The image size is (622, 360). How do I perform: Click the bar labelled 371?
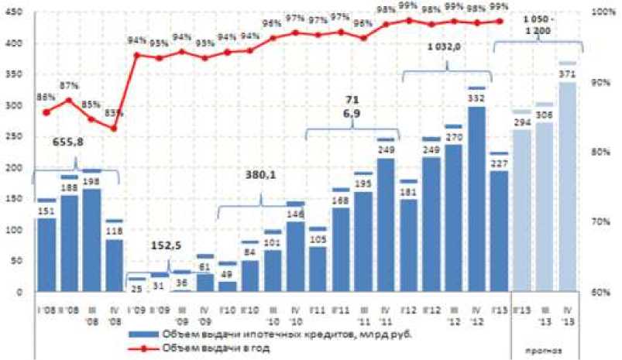567,186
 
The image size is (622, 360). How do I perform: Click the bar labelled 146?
295,256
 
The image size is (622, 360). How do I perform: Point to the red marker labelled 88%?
46,112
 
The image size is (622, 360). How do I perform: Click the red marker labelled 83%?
114,128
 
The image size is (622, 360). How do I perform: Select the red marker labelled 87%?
69,100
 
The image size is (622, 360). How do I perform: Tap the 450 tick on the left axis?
15,12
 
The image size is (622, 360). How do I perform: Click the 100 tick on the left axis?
15,230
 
